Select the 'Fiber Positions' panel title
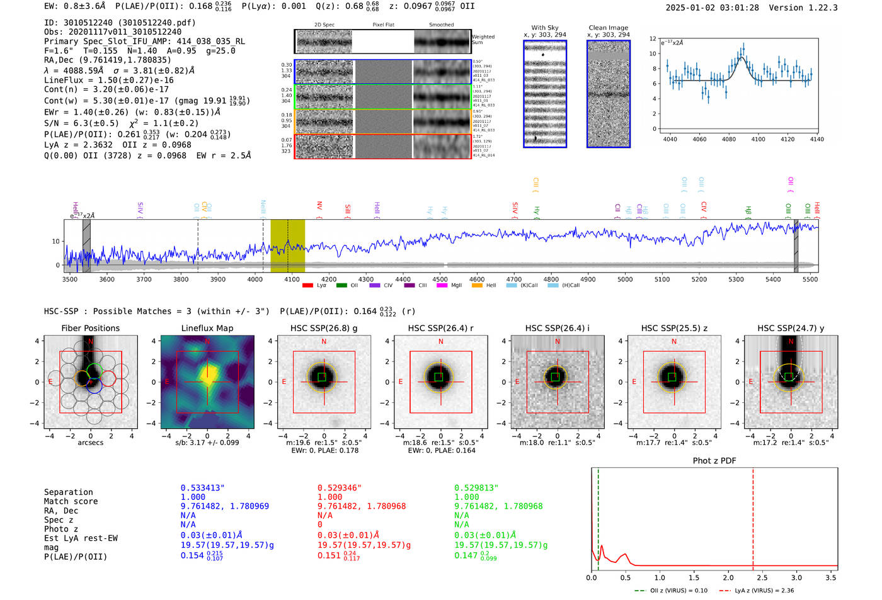[90, 328]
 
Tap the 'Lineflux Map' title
[207, 328]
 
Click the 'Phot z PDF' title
[714, 460]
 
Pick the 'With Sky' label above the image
[544, 28]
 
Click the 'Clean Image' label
[608, 28]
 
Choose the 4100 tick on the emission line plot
[758, 139]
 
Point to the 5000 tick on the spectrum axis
[624, 279]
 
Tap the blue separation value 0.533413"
[202, 488]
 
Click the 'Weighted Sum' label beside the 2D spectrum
[483, 40]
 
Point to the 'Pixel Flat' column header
[383, 25]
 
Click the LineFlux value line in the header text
[108, 80]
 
